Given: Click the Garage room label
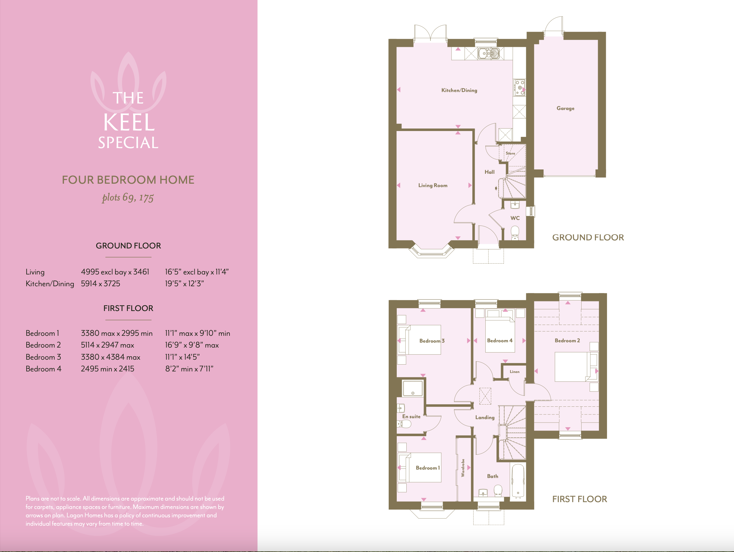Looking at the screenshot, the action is coord(565,108).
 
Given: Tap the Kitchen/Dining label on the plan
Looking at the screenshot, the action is coord(459,90).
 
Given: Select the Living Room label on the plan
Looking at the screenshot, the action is coord(433,185).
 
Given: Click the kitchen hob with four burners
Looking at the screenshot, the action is coord(519,88).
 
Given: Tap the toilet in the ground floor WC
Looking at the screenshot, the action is coord(515,233).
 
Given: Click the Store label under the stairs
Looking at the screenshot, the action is coord(510,153).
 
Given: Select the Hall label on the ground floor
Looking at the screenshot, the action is coord(489,172).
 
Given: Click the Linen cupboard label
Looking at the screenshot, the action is coord(514,372).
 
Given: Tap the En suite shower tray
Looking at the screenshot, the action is coord(413,388).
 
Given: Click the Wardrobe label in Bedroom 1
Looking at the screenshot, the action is coord(463,468).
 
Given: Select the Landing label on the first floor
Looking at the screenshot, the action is coord(485,418).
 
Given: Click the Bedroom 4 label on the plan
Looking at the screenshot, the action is coord(500,340).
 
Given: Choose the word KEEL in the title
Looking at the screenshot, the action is coord(129,122).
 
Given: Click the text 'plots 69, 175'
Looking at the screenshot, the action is coord(128,198).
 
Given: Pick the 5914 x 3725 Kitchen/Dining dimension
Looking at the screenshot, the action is coord(101,283).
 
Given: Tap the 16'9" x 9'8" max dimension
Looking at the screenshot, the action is coord(192,345).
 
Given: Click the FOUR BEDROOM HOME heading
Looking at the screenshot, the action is coord(128,180).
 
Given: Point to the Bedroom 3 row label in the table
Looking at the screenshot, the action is coord(43,357).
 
